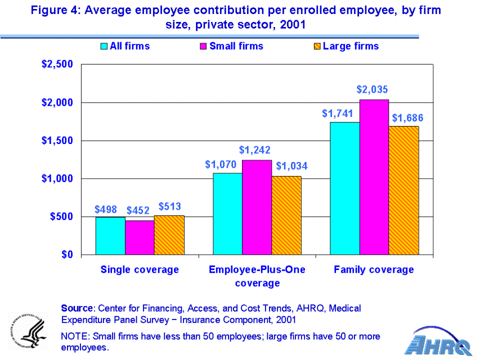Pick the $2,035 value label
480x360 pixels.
[373, 89]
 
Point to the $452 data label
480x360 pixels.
[137, 210]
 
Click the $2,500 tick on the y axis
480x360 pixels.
[57, 64]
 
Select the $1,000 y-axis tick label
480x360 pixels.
[57, 178]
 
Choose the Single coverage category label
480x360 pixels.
[140, 269]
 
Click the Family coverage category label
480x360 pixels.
[374, 269]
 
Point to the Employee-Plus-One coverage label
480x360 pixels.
[257, 276]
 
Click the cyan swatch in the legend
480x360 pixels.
[104, 46]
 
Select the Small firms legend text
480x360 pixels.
[236, 46]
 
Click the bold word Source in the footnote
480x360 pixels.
[77, 308]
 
